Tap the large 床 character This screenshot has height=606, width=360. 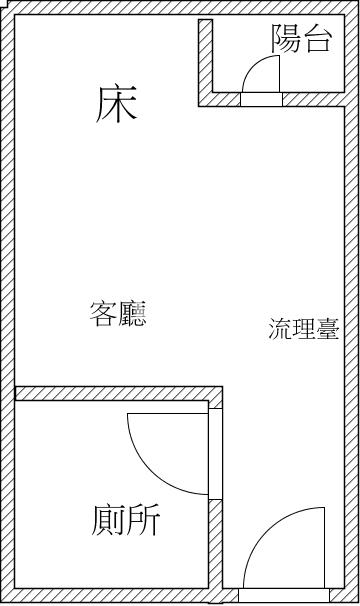coord(116,104)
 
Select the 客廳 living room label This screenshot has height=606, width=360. coord(118,315)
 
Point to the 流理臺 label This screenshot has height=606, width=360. coord(303,330)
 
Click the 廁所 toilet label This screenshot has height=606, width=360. coord(124,520)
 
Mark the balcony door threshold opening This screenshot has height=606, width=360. coord(262,99)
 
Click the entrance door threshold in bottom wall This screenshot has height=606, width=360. coord(285,594)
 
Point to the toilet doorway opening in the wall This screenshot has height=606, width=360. coord(215,455)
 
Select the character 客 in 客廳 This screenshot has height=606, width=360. coord(104,315)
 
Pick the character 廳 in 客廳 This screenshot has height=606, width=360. coord(132,315)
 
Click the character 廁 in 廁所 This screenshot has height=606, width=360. coord(107,520)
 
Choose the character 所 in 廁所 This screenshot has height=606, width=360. coord(142,520)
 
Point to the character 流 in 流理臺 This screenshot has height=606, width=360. coord(280,330)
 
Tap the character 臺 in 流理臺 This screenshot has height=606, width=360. coord(327,330)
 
